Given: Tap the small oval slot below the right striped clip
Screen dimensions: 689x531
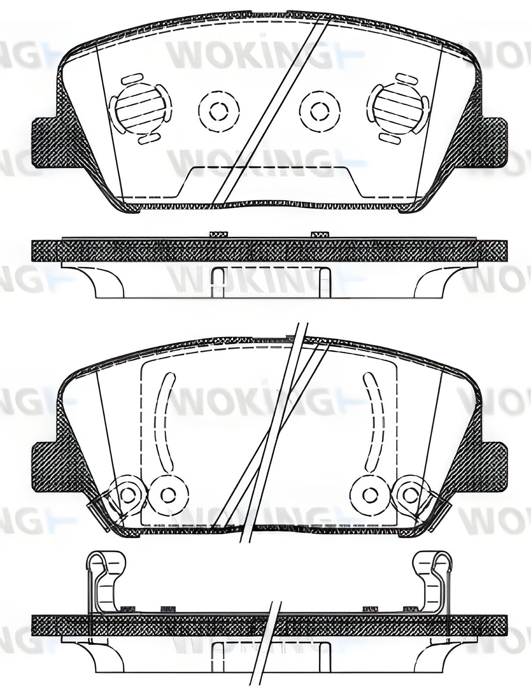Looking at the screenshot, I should point(391,139).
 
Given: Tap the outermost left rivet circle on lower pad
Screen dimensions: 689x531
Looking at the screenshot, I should point(128,494).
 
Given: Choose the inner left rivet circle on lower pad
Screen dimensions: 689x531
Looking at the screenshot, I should point(168,494).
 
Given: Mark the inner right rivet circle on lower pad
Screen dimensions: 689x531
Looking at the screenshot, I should point(370,494).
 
